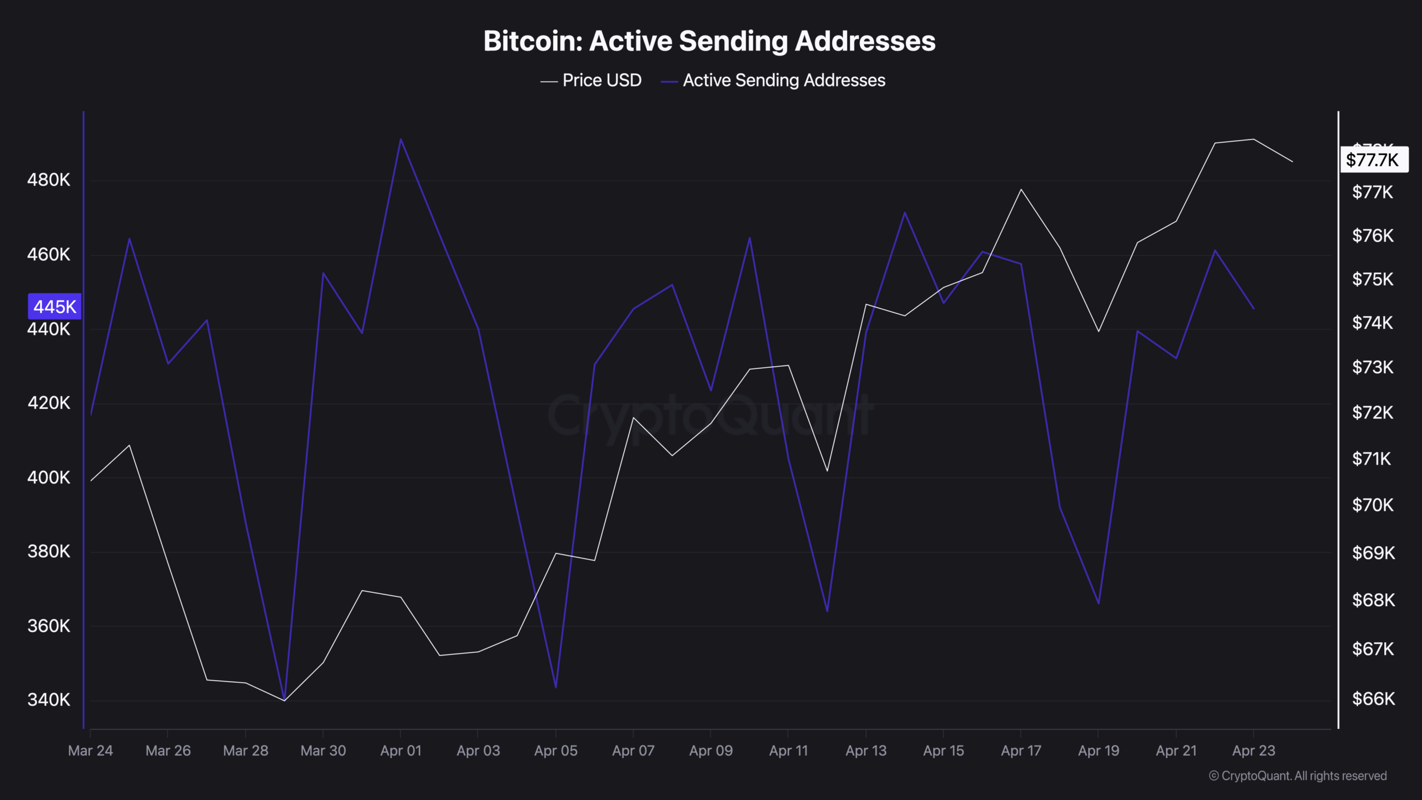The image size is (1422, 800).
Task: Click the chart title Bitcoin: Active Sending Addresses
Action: click(709, 41)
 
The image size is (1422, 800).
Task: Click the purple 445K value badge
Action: click(54, 307)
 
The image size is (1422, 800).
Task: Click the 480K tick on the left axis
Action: click(49, 180)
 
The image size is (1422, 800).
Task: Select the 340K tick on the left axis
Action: click(49, 699)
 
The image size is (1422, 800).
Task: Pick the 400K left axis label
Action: click(49, 477)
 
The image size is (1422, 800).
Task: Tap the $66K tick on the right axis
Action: click(1373, 698)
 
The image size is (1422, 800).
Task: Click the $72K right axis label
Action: click(1373, 413)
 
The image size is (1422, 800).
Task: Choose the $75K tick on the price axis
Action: click(1373, 279)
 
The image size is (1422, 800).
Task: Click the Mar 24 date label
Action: click(91, 751)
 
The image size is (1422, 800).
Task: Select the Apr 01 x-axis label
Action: click(400, 751)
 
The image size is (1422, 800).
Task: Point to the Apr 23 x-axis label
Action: click(1254, 751)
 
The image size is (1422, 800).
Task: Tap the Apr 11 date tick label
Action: click(788, 751)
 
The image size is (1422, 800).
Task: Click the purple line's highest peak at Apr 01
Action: click(400, 139)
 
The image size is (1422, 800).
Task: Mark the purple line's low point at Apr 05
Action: click(556, 687)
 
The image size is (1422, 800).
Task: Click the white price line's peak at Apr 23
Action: click(1254, 139)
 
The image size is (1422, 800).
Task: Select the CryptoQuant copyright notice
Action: click(1298, 776)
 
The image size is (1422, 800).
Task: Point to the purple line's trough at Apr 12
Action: click(827, 611)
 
